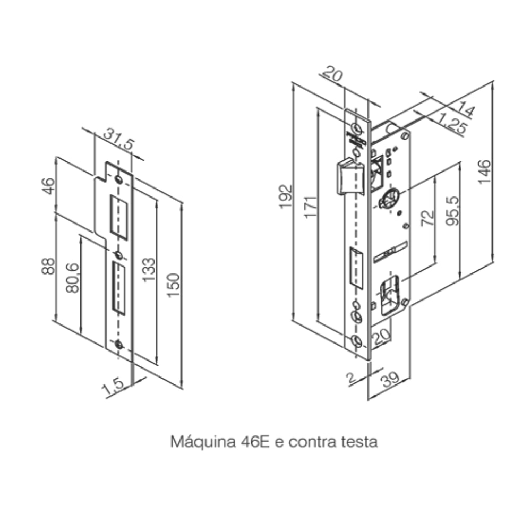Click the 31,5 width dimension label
coord(119,137)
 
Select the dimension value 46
coord(48,186)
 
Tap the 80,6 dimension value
coord(73,279)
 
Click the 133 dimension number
coord(149,269)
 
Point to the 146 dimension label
coord(485,171)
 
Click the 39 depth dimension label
coord(391,379)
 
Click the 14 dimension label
coord(465,110)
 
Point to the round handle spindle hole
coord(389,200)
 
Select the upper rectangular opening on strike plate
coord(119,216)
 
